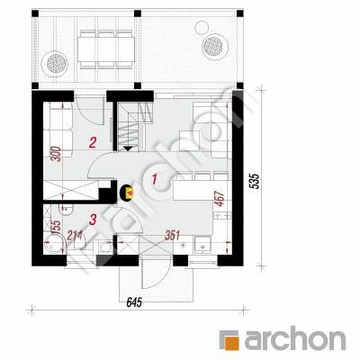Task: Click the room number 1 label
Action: point(155,179)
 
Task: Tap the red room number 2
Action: point(93,142)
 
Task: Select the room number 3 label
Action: point(93,220)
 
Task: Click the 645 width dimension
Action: point(134,303)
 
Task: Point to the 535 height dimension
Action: point(254,182)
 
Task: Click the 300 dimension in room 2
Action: point(58,154)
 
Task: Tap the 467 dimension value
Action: point(220,199)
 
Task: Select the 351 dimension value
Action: point(173,235)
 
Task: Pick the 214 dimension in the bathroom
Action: point(74,235)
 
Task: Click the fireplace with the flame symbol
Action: point(127,193)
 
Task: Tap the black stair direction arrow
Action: point(128,148)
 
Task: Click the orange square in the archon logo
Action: point(233,343)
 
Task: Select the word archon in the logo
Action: point(295,340)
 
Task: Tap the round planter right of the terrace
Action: point(214,46)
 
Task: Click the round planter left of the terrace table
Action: point(55,63)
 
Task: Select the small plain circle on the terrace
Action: point(202,28)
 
